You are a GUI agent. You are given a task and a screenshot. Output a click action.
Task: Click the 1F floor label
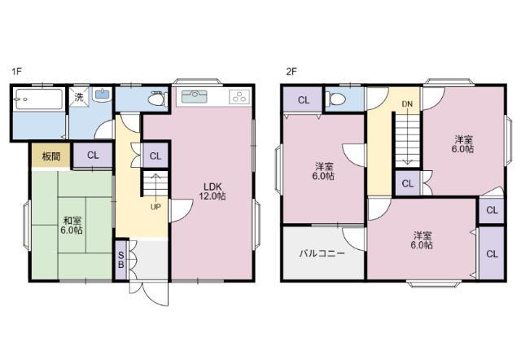tap(16, 71)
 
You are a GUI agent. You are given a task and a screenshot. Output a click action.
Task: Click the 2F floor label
tap(291, 71)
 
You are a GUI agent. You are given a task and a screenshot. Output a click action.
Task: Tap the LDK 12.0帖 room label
tap(212, 191)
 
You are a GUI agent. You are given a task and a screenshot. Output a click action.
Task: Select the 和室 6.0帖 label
tap(72, 226)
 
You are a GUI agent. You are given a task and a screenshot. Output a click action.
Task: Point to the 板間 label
tap(51, 156)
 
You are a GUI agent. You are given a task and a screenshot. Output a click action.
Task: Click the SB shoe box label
tap(121, 260)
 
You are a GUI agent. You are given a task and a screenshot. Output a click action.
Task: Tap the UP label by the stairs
tap(155, 207)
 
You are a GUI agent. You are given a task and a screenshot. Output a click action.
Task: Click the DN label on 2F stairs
tap(407, 104)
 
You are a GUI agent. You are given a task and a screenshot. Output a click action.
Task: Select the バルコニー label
tap(322, 254)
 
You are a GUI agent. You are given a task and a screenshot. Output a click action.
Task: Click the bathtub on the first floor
tap(39, 99)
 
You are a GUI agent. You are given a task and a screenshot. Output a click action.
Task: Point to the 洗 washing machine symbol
tap(79, 97)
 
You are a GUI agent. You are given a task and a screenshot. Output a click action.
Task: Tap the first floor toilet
tap(158, 99)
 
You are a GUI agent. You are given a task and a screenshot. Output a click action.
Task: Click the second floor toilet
tap(337, 99)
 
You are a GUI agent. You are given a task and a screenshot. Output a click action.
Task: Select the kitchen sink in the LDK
tap(195, 96)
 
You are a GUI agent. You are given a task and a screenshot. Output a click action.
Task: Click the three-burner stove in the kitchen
tap(239, 96)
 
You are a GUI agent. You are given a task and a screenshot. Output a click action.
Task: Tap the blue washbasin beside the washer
tap(102, 94)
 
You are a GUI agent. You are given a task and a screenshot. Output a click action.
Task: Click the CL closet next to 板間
tap(93, 156)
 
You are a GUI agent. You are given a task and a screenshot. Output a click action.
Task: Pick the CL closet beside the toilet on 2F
tap(304, 100)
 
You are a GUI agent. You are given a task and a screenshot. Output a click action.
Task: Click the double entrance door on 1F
tap(148, 293)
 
